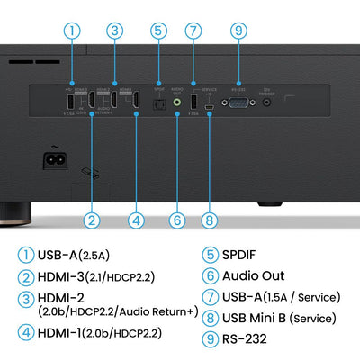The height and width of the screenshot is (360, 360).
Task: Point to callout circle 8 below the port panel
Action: point(209,218)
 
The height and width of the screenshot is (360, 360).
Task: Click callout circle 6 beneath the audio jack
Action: point(176,218)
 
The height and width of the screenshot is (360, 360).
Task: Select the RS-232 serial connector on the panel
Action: point(239,103)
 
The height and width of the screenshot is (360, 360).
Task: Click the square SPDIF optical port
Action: point(158,103)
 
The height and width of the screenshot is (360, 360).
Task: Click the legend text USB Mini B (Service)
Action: point(278,318)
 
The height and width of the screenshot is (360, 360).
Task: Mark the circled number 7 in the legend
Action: point(208,296)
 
